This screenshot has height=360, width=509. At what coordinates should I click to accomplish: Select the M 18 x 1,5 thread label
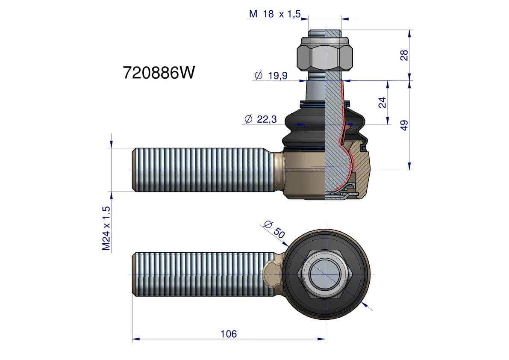pyautogui.click(x=275, y=14)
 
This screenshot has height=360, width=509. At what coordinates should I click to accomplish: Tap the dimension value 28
pyautogui.click(x=404, y=55)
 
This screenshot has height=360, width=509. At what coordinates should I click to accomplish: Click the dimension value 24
pyautogui.click(x=382, y=102)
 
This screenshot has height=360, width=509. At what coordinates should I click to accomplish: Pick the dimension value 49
pyautogui.click(x=404, y=125)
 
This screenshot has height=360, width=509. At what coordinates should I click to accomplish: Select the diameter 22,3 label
pyautogui.click(x=261, y=119)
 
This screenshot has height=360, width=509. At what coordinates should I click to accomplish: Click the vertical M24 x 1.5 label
pyautogui.click(x=106, y=228)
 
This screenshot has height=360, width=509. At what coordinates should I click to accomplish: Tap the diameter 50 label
pyautogui.click(x=274, y=229)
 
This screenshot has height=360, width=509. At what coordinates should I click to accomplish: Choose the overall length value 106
pyautogui.click(x=229, y=334)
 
